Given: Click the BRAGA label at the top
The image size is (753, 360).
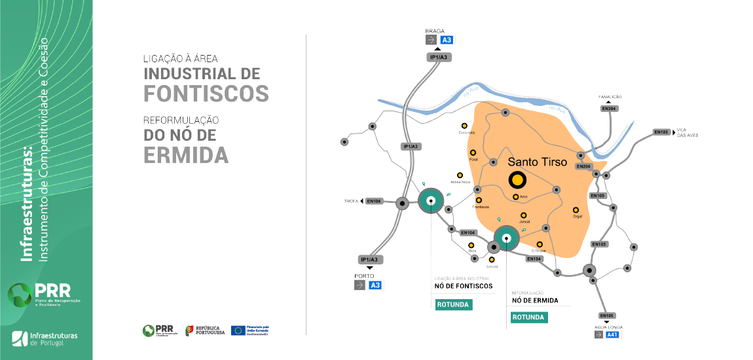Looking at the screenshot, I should pos(435,31).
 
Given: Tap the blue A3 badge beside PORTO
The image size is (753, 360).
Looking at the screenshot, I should pos(375,285).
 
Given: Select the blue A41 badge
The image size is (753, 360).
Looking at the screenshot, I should pos(612,334).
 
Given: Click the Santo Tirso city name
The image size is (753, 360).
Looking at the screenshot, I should pos(538,161).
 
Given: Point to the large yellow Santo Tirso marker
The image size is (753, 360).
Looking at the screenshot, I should pos(517,179).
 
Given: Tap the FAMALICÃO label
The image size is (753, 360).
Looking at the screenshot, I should pos(608,97).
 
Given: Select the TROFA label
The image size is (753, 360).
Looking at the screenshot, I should pos(351,201).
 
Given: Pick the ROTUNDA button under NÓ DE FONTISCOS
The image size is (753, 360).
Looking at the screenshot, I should pos(454,304).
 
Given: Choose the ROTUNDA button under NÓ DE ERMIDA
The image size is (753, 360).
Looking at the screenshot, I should pos(529,317).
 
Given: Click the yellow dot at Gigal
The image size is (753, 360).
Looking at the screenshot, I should pos(577,209).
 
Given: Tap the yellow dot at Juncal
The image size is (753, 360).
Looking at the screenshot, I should pos(523,215).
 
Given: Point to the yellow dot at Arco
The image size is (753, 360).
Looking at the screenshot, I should pos(516,196).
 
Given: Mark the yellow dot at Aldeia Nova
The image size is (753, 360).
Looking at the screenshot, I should pos(460,175).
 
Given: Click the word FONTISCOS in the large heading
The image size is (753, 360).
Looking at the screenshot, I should pos(206,94).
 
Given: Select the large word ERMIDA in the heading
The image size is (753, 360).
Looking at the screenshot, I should pos(186,155).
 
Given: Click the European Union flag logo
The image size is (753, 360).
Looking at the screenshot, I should pos(238,331).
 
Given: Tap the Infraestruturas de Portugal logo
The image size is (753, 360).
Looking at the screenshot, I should pos(45,338).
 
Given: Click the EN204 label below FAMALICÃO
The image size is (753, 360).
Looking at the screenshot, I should pos(608,108).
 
